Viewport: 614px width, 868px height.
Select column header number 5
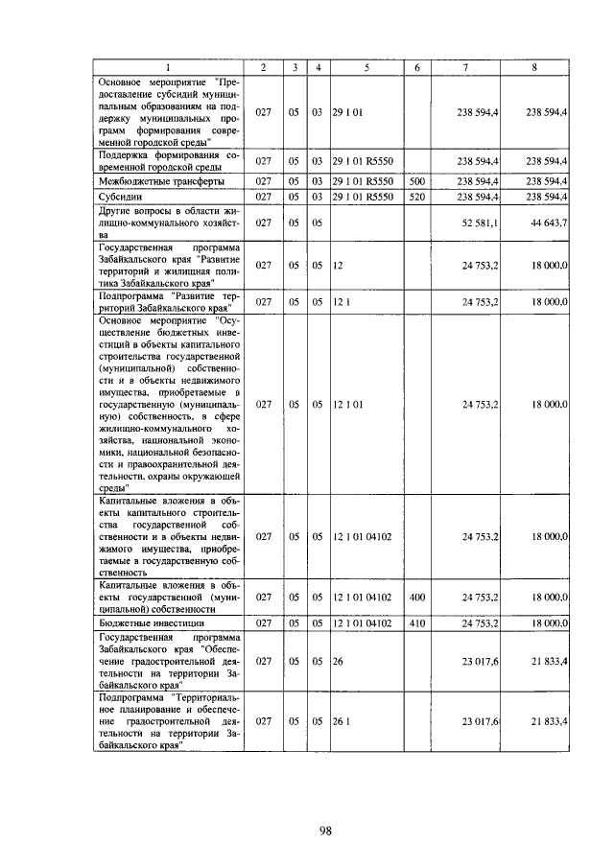coord(366,66)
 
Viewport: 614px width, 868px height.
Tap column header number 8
coord(534,66)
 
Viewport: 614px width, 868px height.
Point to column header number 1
coord(167,66)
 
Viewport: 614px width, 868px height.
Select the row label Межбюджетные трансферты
coord(149,180)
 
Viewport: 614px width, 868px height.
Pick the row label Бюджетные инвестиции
coord(144,622)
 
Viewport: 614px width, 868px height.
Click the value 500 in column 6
coord(416,180)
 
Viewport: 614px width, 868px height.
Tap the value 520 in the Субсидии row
coord(416,196)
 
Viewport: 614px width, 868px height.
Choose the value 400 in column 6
coord(416,597)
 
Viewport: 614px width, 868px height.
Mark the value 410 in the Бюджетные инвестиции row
coord(416,622)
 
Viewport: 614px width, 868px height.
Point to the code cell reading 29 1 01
coord(346,112)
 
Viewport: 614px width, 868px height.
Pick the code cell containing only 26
coord(338,661)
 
